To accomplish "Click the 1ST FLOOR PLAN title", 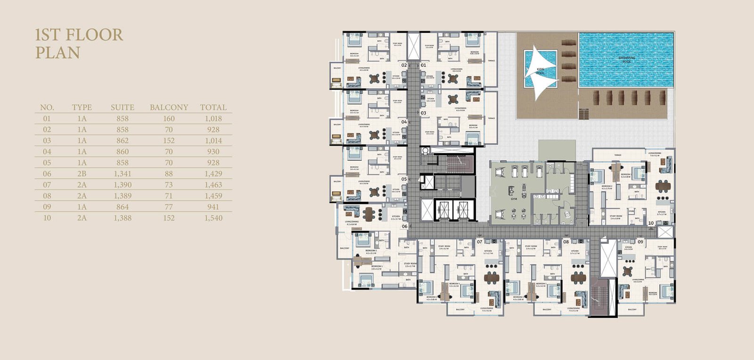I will click(79, 43).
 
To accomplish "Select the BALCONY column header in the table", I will click(169, 107).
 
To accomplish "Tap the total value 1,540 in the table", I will click(213, 218).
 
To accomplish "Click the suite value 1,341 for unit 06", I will click(122, 174).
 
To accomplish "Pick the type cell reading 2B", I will click(82, 174).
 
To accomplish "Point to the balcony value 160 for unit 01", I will click(169, 119).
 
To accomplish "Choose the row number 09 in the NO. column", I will click(47, 207).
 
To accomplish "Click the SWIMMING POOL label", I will click(626, 60).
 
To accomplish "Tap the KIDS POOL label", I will click(540, 71).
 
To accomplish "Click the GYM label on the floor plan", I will click(514, 199).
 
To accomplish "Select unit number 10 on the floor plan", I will click(651, 223).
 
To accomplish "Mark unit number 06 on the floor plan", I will click(404, 227).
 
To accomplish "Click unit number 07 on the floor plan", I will click(479, 242).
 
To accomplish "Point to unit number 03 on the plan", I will click(423, 113).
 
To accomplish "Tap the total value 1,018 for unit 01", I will click(213, 119).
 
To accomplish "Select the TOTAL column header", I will click(213, 107).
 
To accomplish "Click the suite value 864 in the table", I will click(122, 207).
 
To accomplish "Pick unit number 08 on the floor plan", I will click(566, 242).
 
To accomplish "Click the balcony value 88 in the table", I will click(169, 174).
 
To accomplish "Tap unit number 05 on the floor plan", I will click(404, 179).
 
